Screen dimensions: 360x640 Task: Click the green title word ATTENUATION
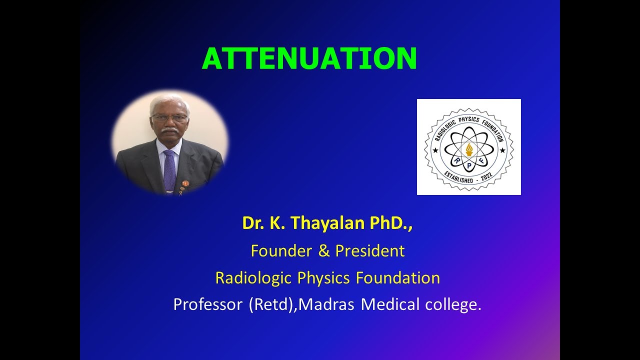pos(309,58)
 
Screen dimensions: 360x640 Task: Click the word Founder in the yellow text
pos(280,250)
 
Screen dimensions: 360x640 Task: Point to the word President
pos(370,250)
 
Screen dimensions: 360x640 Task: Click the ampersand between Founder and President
pos(324,251)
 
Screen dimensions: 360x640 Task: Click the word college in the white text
pos(452,304)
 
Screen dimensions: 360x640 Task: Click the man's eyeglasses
pos(170,118)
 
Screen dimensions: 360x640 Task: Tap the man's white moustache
pos(170,130)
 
